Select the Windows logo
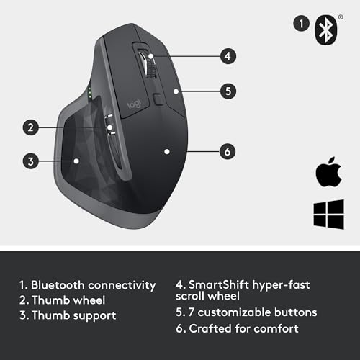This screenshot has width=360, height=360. tap(327, 215)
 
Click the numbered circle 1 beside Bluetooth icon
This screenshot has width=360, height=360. tap(300, 23)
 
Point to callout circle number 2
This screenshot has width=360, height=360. tap(30, 128)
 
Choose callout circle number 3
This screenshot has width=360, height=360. tap(30, 161)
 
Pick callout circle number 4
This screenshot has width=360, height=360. tap(227, 55)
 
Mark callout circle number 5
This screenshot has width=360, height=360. tap(227, 91)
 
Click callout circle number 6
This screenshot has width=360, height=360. tap(227, 151)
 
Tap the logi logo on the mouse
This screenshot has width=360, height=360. tap(134, 104)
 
